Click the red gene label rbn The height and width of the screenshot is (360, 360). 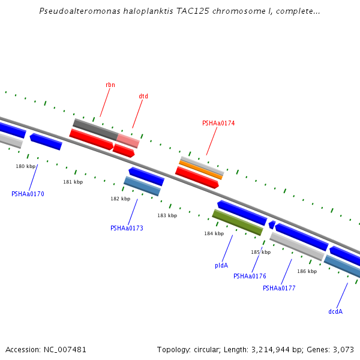(110, 85)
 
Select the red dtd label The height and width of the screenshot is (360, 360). (143, 96)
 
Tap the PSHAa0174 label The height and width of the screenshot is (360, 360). (218, 123)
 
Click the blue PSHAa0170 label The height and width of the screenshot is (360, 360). (28, 194)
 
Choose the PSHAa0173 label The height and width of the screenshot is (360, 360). (127, 228)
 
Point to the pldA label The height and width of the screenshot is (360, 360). (221, 265)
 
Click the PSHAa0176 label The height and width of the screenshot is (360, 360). (250, 276)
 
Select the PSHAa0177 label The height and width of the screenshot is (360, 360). (279, 288)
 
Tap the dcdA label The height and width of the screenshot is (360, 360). (335, 311)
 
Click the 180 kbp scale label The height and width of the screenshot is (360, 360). (26, 166)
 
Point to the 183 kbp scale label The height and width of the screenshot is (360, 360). (167, 215)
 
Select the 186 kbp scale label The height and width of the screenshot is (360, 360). (307, 271)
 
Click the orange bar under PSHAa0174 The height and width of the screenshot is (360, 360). (201, 169)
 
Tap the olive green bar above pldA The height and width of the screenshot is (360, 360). (238, 223)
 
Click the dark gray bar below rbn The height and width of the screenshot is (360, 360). (95, 129)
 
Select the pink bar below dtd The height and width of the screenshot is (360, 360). (128, 141)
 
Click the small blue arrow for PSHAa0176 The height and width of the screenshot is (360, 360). (272, 224)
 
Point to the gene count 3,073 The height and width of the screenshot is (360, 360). (343, 349)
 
